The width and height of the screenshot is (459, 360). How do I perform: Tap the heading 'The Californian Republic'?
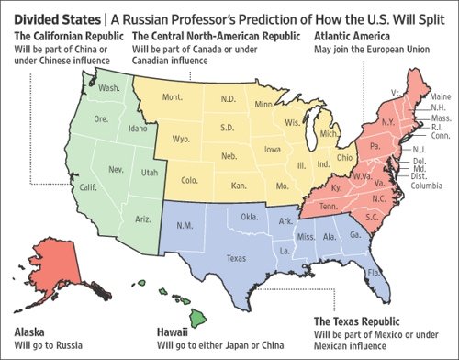click(x=67, y=36)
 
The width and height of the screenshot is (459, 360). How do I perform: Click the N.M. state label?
click(x=185, y=225)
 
